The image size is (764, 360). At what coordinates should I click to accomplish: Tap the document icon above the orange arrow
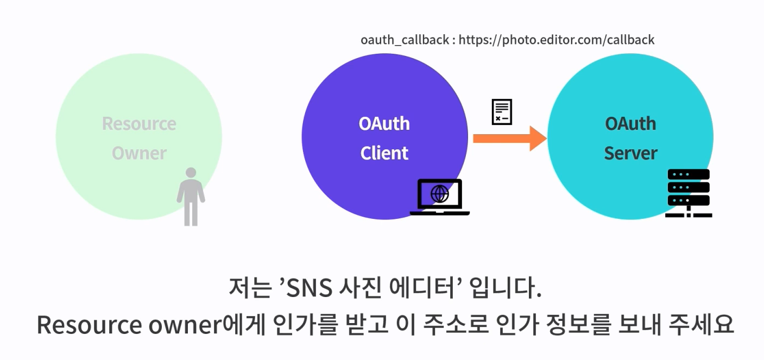502,112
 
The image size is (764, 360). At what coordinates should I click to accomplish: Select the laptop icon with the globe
439,197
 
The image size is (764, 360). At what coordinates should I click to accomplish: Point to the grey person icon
191,197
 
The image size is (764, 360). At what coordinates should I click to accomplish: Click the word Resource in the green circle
139,124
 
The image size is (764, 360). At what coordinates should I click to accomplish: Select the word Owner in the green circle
139,153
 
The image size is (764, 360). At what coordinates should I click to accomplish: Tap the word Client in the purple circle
384,153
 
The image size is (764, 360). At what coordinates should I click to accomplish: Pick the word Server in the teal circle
630,153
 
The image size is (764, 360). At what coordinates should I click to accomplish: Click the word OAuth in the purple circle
384,124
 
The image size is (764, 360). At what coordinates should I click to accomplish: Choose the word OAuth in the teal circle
630,124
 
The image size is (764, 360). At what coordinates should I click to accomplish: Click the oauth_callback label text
405,40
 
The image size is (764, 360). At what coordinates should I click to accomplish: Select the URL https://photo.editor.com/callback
557,40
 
